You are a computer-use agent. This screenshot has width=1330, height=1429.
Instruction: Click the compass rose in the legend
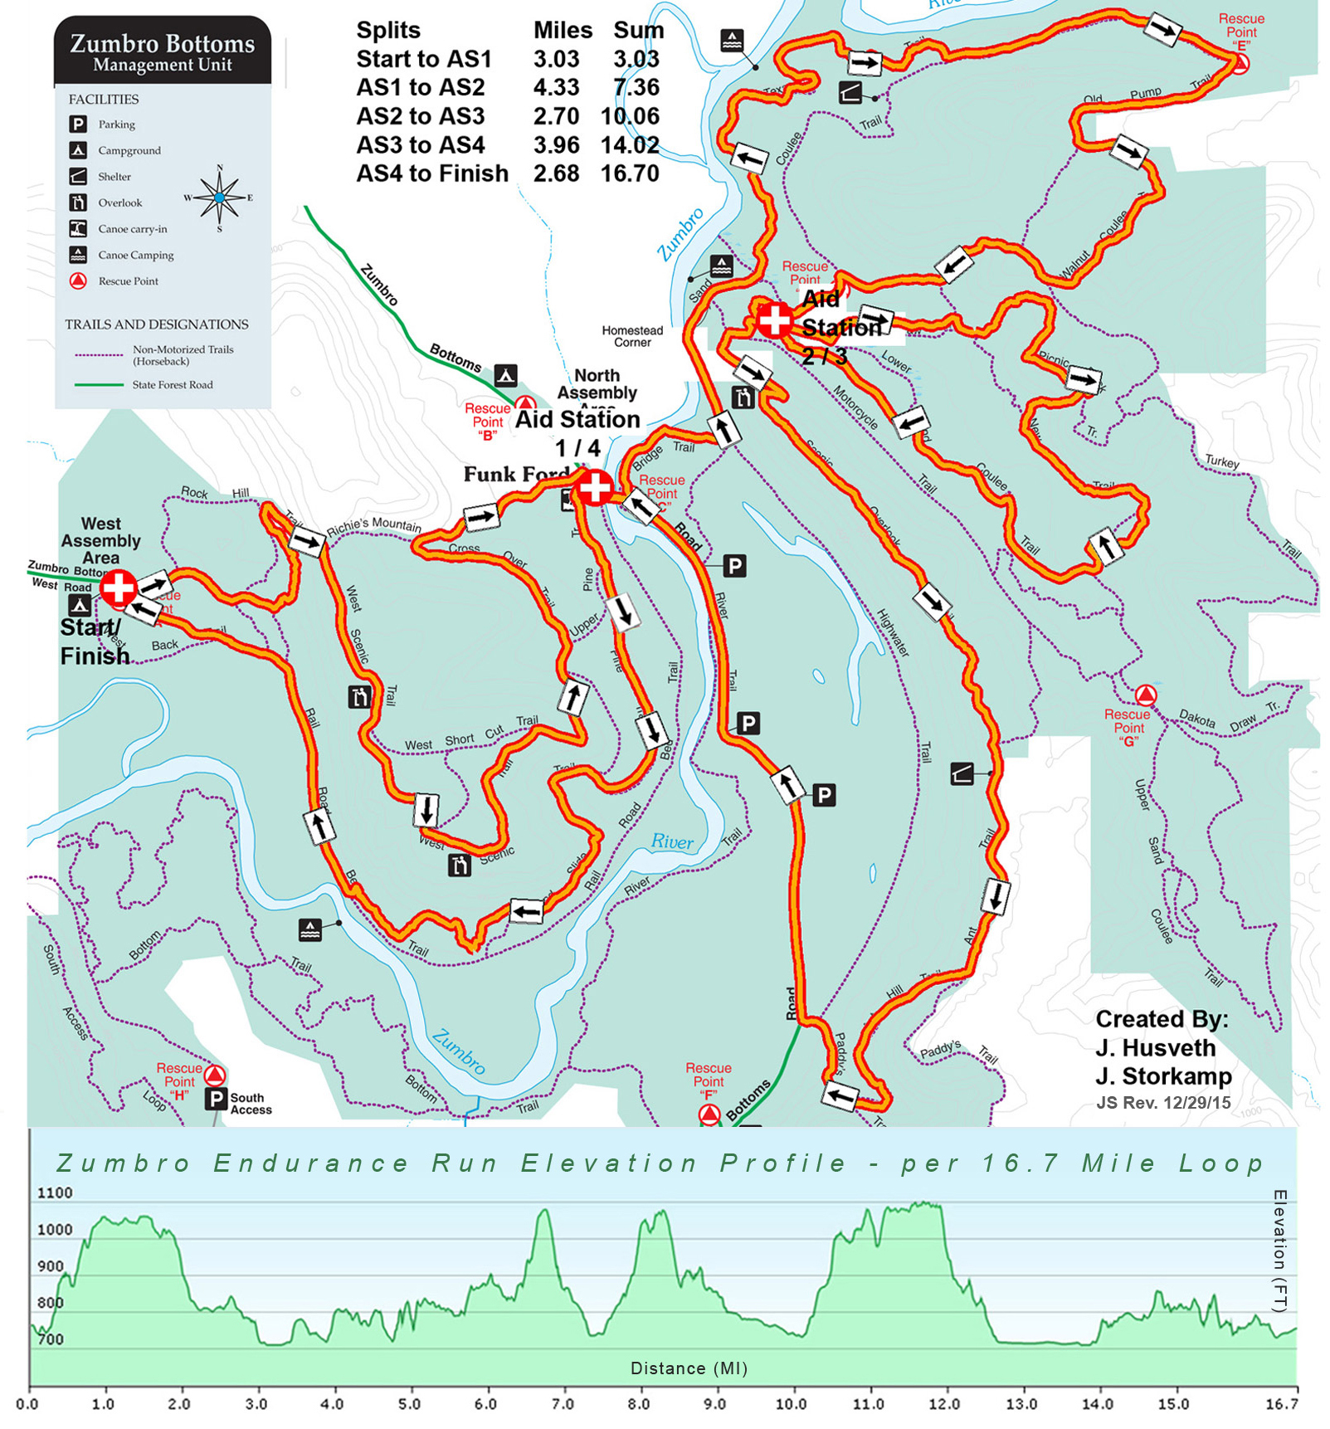219,198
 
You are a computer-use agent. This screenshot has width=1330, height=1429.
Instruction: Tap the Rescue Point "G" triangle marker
1146,695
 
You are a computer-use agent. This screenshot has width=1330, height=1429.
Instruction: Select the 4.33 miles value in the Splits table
556,88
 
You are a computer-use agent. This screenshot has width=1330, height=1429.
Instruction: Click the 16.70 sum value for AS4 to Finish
631,174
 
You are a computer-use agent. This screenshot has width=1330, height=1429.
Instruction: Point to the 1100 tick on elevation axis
55,1193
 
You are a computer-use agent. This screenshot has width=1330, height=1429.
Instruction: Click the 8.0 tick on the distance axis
638,1404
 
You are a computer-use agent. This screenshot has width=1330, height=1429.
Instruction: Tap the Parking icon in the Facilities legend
78,124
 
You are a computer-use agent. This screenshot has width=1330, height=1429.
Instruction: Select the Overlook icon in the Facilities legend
78,202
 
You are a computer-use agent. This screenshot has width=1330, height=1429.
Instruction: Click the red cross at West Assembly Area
118,587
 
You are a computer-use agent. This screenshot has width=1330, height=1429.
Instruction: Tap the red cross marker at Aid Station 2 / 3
774,319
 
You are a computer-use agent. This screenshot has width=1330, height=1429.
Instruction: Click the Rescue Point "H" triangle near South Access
215,1076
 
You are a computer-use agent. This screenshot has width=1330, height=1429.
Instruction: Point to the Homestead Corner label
632,336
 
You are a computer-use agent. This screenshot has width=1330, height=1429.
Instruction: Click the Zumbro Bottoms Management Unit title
163,52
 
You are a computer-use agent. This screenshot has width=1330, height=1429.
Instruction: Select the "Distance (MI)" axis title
689,1368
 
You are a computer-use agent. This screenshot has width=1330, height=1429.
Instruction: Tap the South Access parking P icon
216,1100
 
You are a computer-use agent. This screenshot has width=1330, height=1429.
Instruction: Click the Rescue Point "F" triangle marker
709,1114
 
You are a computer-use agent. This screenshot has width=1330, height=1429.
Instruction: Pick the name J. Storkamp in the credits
1163,1076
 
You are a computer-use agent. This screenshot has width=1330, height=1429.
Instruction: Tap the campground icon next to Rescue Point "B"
506,375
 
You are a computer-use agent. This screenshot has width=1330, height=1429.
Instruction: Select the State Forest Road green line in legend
98,385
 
